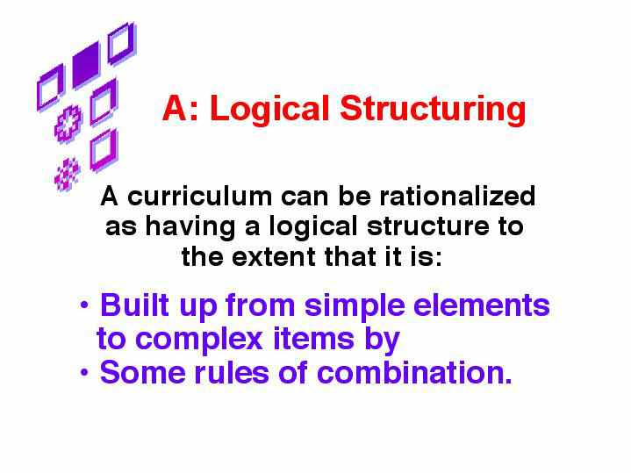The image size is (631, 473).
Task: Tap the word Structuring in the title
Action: click(433, 110)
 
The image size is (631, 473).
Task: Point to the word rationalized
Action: click(457, 196)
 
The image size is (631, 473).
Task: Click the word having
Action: click(190, 227)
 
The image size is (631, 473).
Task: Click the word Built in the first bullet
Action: click(135, 305)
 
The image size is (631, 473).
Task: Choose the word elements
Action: click(482, 305)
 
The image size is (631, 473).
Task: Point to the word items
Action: click(314, 339)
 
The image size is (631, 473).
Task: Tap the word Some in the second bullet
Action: click(142, 372)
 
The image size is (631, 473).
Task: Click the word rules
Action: click(232, 372)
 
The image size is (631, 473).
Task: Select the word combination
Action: click(414, 372)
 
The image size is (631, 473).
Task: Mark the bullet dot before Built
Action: click(84, 305)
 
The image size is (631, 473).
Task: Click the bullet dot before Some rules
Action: click(84, 372)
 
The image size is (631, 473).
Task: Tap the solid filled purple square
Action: click(86, 64)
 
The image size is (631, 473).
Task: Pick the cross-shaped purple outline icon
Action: click(68, 124)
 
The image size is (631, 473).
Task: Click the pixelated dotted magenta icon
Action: click(68, 175)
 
